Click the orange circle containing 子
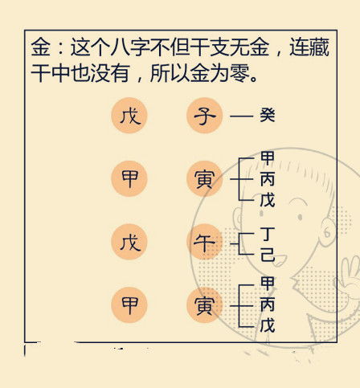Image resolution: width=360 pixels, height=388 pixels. (205, 116)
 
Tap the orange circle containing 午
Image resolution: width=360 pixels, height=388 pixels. (205, 242)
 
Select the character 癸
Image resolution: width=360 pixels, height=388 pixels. (268, 115)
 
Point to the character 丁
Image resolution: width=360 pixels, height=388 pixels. (268, 234)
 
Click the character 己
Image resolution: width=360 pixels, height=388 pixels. (268, 255)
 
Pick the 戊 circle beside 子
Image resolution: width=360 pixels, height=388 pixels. (129, 116)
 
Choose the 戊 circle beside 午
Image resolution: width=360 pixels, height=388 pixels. (129, 242)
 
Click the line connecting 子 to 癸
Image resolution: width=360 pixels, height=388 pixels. (242, 116)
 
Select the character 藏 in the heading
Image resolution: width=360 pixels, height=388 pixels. (319, 47)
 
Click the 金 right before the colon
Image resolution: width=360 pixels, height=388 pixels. (41, 47)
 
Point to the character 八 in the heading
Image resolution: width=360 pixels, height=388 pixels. (121, 47)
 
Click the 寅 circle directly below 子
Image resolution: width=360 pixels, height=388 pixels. (205, 178)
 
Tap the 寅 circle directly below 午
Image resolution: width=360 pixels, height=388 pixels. (205, 305)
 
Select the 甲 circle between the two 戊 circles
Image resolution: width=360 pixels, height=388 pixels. (129, 178)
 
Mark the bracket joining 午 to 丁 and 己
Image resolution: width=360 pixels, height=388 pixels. (239, 244)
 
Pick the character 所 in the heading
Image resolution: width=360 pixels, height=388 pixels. (160, 72)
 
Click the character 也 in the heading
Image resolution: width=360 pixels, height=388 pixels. (80, 72)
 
